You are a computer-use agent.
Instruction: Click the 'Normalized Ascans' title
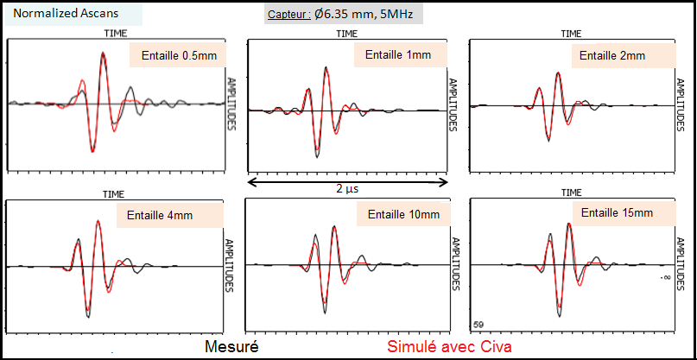[x=54, y=15]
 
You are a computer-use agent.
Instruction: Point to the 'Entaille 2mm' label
[x=611, y=55]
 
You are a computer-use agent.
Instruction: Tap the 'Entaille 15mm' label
[x=618, y=212]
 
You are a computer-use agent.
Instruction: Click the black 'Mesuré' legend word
[x=232, y=347]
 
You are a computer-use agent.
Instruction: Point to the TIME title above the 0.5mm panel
[x=116, y=34]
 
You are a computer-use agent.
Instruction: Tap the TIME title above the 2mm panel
[x=571, y=34]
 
